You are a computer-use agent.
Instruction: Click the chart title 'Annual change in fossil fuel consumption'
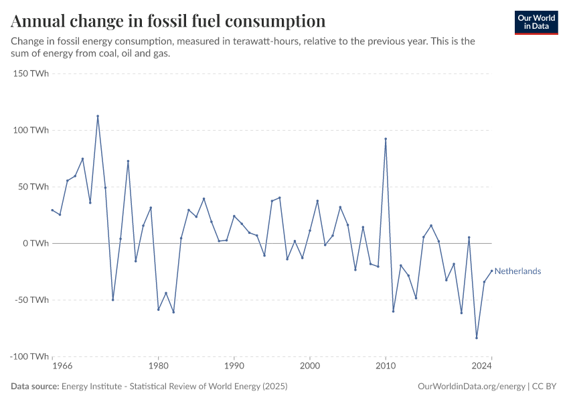point(168,21)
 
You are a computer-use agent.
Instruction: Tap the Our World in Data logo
point(536,22)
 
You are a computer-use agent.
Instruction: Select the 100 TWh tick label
point(31,130)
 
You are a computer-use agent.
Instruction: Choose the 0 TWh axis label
point(35,243)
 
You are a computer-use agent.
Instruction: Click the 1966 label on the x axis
point(62,366)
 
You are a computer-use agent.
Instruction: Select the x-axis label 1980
point(158,366)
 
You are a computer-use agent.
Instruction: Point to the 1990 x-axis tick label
point(234,366)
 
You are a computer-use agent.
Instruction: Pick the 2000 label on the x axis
point(309,366)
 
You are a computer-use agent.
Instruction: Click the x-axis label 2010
point(386,366)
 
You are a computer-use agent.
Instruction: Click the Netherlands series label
point(517,271)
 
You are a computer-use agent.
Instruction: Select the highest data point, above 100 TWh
point(98,116)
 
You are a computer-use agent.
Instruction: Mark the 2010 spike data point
point(386,139)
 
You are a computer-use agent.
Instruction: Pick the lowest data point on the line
point(477,338)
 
